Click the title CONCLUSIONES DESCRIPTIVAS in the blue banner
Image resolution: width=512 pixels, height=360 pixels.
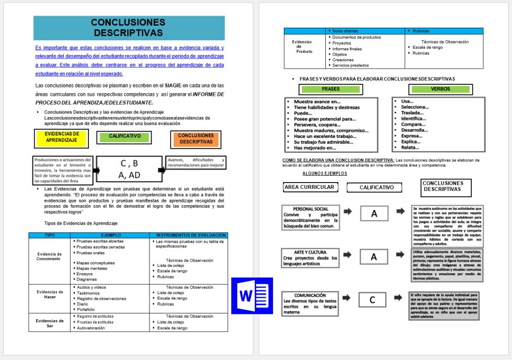[x=128, y=28]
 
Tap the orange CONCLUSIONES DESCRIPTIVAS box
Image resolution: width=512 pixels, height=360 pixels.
[x=195, y=139]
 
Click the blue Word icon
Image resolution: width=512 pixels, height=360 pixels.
[x=252, y=295]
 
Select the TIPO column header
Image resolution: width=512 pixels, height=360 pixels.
[x=50, y=235]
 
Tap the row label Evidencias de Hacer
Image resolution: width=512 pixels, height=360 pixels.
[x=50, y=295]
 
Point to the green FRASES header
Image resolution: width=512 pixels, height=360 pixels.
[x=331, y=89]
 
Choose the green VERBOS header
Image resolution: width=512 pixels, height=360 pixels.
[x=440, y=89]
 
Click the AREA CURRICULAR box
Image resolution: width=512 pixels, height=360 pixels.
[x=309, y=187]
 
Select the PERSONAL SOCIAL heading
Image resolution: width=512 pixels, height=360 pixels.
[x=311, y=209]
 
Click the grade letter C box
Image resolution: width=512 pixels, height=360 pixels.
[x=372, y=300]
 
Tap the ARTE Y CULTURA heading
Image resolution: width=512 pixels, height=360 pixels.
[x=311, y=252]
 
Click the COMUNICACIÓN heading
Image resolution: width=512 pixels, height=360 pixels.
[x=310, y=295]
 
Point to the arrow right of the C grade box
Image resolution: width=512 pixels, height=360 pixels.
[x=401, y=298]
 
